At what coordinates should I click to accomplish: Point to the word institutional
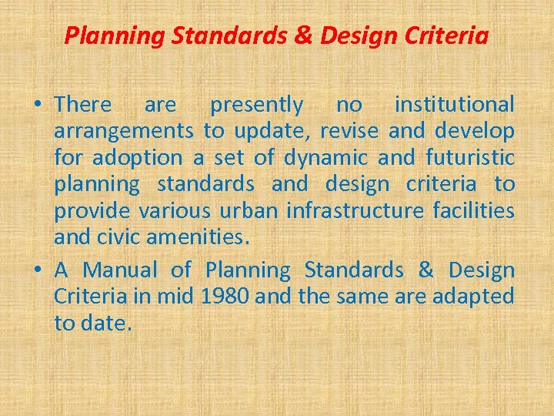pos(454,104)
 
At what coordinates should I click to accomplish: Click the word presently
pos(257,104)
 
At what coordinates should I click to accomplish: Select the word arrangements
pos(123,132)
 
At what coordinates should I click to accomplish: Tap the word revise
pos(350,131)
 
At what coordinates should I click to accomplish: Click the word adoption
pos(138,159)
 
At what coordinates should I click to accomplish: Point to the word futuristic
pos(469,158)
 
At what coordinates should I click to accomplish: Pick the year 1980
pos(223,297)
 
